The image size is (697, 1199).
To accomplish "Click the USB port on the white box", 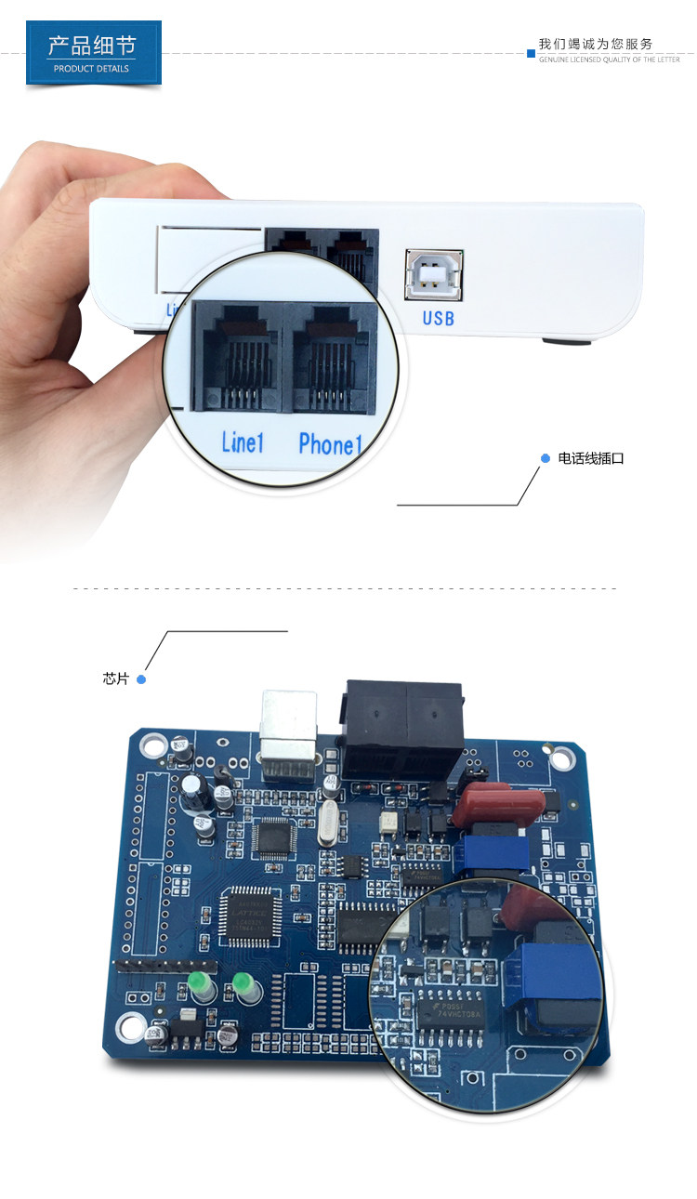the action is coord(433,273).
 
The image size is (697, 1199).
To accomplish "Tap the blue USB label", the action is coord(438,318).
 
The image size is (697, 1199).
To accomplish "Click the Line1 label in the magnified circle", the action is coord(243,441).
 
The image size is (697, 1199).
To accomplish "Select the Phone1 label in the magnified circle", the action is coord(329,444).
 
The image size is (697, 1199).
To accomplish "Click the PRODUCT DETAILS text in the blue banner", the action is coord(91,69).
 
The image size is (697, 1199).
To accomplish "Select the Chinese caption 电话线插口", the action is coord(590,458).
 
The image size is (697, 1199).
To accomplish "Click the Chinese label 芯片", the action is coord(115,679).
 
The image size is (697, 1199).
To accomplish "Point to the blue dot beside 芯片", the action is coord(141,679).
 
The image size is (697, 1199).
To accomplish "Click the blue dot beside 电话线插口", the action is coord(546,458).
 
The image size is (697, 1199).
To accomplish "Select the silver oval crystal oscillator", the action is coord(326,823).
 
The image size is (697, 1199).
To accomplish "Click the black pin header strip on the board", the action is coord(149,966).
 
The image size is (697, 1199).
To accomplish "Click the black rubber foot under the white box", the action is coord(566,341).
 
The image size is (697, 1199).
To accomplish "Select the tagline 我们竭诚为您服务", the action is coord(596,44).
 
